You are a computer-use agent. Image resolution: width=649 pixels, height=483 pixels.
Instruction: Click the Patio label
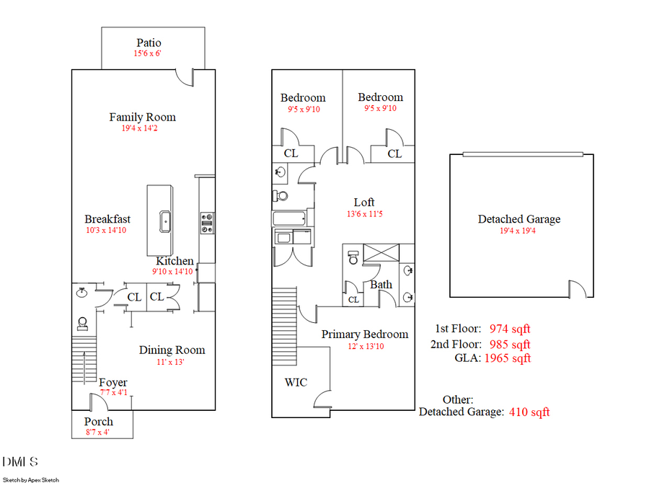click(x=149, y=43)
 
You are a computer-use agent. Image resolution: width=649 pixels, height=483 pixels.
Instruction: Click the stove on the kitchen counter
click(x=207, y=223)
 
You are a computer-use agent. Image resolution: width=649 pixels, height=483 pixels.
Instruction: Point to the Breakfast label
click(x=107, y=219)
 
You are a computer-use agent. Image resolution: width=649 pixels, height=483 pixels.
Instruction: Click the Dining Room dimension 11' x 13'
click(x=172, y=362)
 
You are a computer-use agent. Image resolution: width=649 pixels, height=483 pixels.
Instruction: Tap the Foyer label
click(x=113, y=383)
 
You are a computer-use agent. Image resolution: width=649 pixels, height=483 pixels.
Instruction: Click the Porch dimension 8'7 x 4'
click(x=99, y=432)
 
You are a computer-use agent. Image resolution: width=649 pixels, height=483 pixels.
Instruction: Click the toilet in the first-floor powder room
click(x=82, y=322)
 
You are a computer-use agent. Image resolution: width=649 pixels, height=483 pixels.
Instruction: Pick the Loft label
click(x=363, y=203)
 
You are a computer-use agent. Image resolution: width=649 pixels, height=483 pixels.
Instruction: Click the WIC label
click(x=296, y=381)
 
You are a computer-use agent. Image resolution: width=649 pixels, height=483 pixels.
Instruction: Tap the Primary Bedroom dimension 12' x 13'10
click(x=365, y=346)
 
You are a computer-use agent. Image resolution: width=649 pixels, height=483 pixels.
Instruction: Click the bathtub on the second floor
click(x=288, y=218)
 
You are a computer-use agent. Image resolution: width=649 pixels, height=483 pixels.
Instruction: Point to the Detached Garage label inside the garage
click(x=518, y=219)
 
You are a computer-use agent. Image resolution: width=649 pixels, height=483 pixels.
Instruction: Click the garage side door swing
click(x=577, y=290)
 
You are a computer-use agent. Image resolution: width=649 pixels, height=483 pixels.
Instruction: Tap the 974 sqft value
click(x=509, y=329)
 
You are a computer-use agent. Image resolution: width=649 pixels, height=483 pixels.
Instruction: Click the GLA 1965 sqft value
click(x=508, y=358)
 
